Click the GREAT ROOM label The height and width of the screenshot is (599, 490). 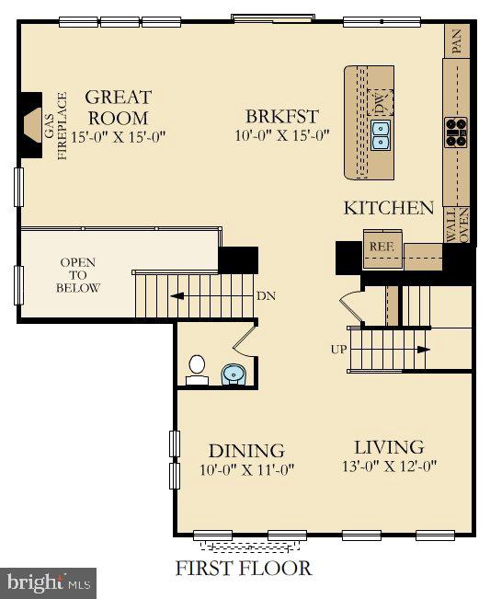[118, 108]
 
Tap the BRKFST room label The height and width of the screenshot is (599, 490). [282, 117]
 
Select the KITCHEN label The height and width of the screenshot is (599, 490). [388, 208]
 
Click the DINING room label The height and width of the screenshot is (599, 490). [245, 451]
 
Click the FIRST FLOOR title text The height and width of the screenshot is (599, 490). [244, 568]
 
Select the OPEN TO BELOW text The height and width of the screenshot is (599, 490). [78, 275]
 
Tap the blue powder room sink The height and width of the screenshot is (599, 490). [234, 374]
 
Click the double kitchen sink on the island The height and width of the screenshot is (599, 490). [381, 134]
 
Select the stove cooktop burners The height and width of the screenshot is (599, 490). [456, 132]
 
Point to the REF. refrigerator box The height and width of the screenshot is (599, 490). [380, 247]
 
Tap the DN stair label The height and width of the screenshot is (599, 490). [265, 297]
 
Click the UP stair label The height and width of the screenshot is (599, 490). [338, 350]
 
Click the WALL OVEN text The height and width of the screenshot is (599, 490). [457, 225]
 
